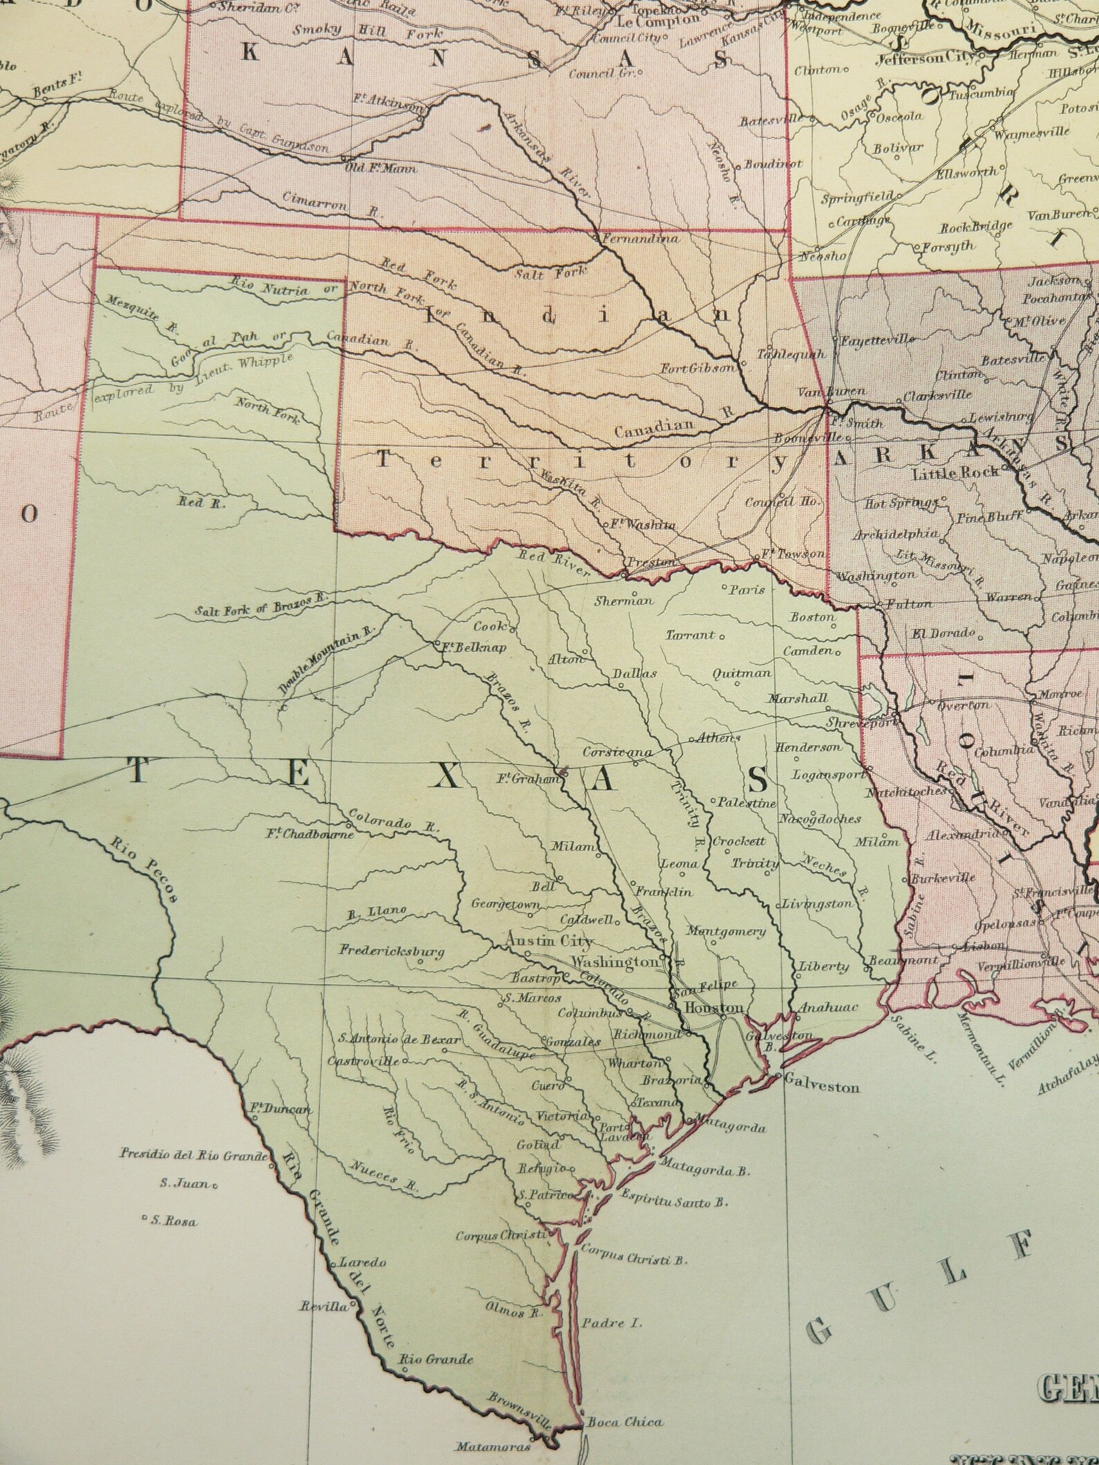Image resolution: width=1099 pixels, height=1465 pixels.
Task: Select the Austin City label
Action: pos(549,941)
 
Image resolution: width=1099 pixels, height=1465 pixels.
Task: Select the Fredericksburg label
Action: pos(391,951)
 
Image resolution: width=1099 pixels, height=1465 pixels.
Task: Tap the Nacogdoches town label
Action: pos(820,819)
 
